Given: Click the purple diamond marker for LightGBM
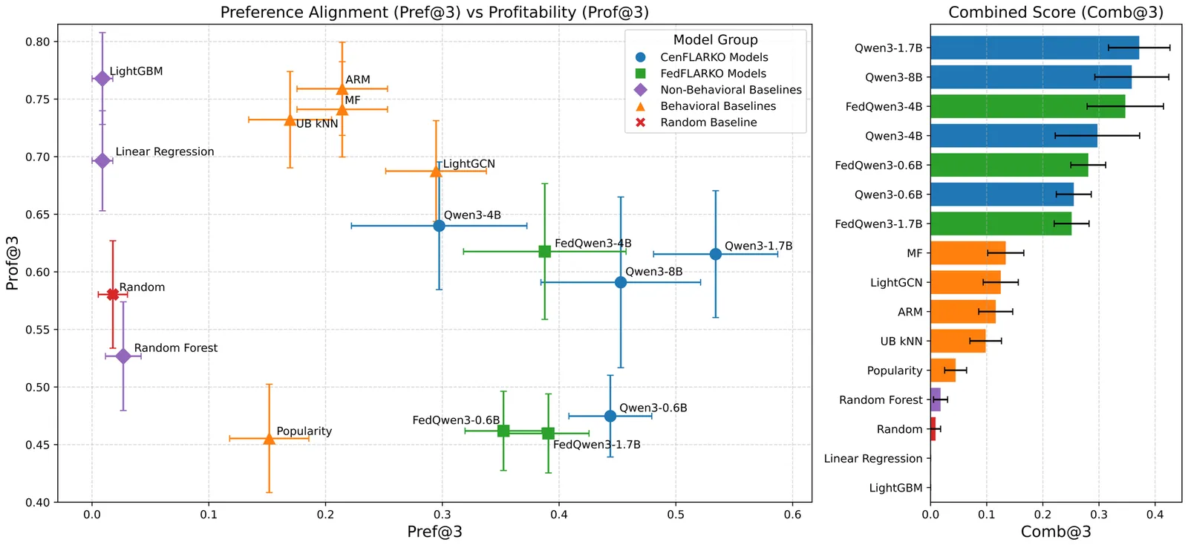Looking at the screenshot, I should [x=102, y=78].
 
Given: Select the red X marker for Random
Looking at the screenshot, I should [x=113, y=294].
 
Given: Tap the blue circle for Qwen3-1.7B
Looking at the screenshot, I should [x=715, y=254].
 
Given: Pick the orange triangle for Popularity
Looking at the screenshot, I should [x=269, y=439].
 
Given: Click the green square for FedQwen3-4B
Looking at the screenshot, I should [x=544, y=251].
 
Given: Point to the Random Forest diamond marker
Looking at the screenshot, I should [x=123, y=356].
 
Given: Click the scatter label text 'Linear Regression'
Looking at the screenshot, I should [x=164, y=151].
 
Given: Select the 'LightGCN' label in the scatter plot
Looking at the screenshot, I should [x=469, y=164].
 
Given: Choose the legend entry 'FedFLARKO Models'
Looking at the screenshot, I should [x=713, y=74].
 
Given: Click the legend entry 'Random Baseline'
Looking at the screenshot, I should [x=708, y=123].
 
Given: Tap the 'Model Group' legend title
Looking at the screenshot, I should [x=715, y=40].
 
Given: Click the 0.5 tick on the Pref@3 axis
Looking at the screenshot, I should [x=676, y=514].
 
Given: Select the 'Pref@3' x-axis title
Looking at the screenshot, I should [x=434, y=532].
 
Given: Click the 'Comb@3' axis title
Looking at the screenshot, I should [x=1056, y=532].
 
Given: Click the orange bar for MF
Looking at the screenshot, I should [x=967, y=253].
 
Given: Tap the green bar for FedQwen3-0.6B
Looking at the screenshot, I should [x=1008, y=165].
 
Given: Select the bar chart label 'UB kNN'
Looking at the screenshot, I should [x=901, y=342].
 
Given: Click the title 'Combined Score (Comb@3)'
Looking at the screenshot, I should [x=1056, y=12].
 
